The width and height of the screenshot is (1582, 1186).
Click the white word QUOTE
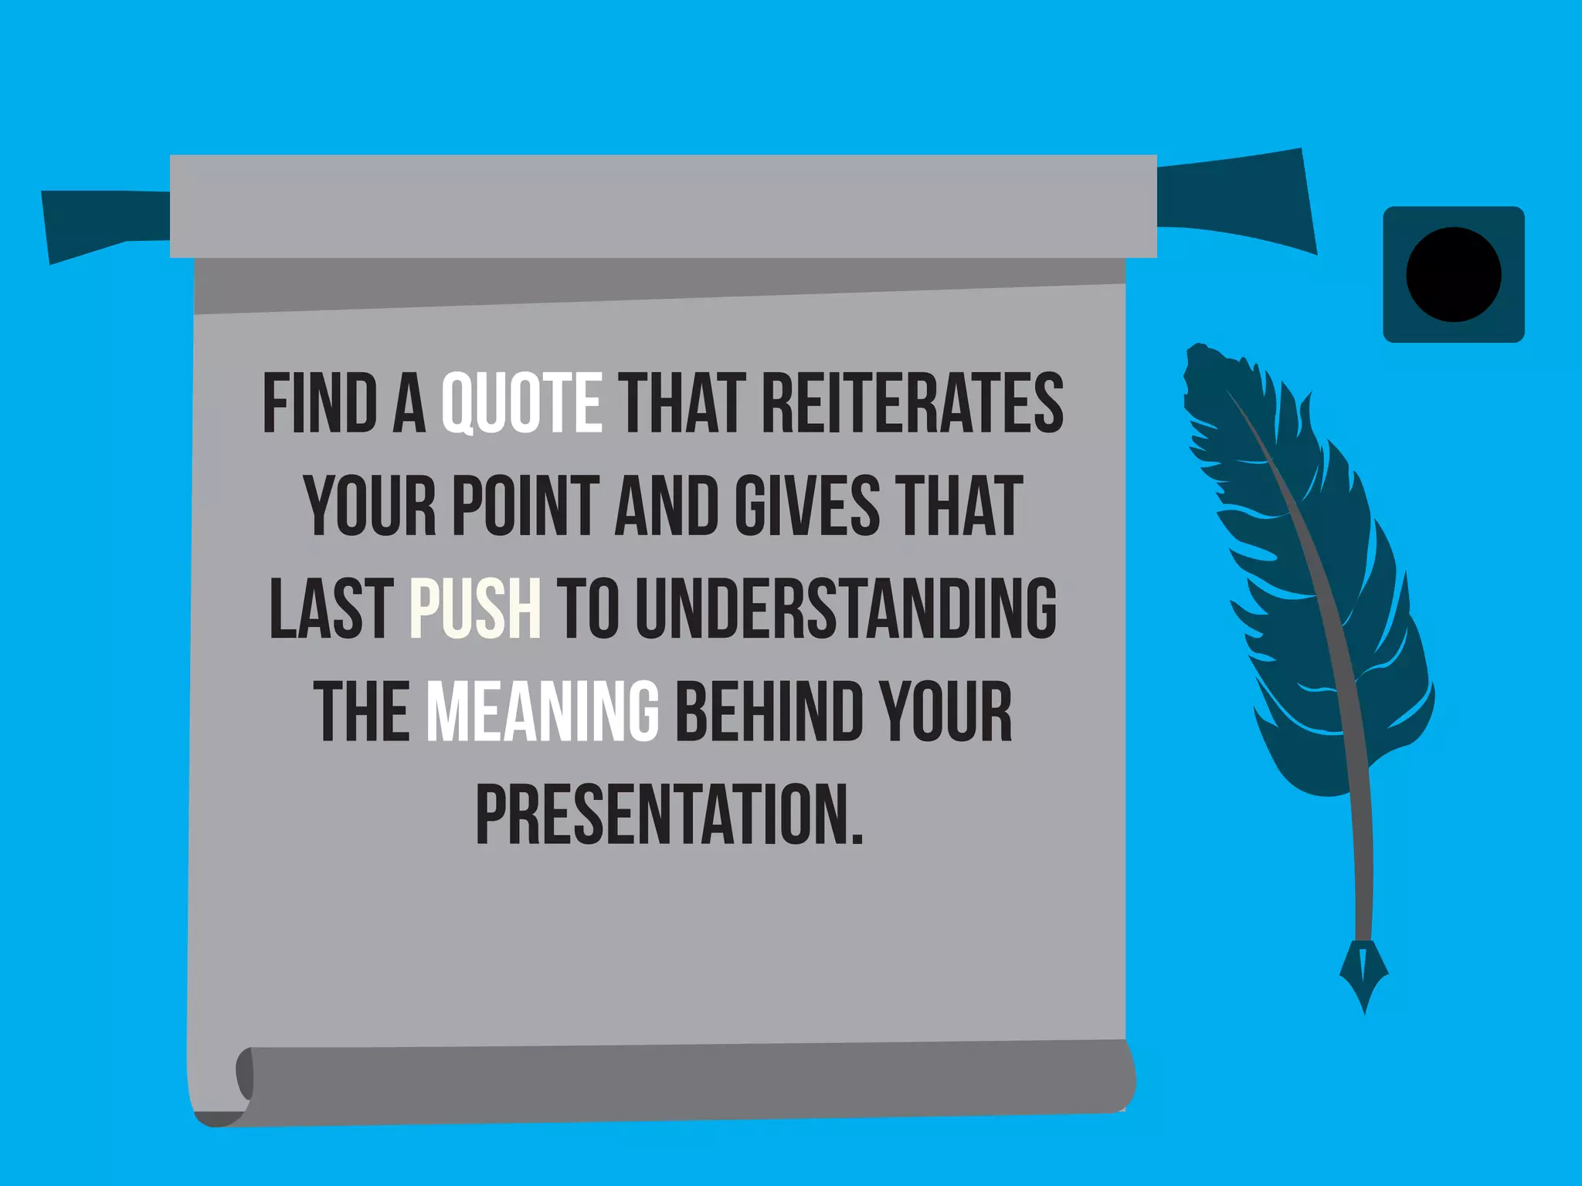point(521,402)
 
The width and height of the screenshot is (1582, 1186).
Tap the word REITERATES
point(912,402)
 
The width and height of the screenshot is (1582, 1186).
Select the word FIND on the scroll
point(320,402)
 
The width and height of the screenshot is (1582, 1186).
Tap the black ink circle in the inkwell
point(1453,274)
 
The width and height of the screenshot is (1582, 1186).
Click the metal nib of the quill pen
point(1363,973)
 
